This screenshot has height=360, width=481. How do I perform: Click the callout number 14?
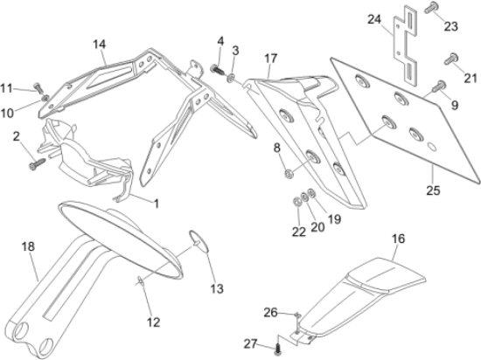(100, 45)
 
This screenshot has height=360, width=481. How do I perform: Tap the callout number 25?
(433, 190)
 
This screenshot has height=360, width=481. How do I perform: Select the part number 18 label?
(28, 246)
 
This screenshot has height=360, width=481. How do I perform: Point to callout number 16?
(398, 239)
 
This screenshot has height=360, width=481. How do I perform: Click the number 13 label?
(217, 288)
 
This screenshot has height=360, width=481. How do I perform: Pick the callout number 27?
(250, 344)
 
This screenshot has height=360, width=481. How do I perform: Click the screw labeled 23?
(431, 7)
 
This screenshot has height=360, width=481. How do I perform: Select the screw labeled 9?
(439, 86)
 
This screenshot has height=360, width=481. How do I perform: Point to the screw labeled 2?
(37, 164)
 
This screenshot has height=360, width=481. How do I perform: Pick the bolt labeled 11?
(38, 87)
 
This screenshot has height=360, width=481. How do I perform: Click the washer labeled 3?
(231, 79)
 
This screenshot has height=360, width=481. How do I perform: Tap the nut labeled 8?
(288, 174)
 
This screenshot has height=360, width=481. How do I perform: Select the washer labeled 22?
(296, 202)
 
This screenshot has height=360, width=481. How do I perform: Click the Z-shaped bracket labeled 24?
(406, 45)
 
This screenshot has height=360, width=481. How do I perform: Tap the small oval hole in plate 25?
(432, 147)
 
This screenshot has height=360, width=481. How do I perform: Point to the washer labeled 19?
(311, 193)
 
